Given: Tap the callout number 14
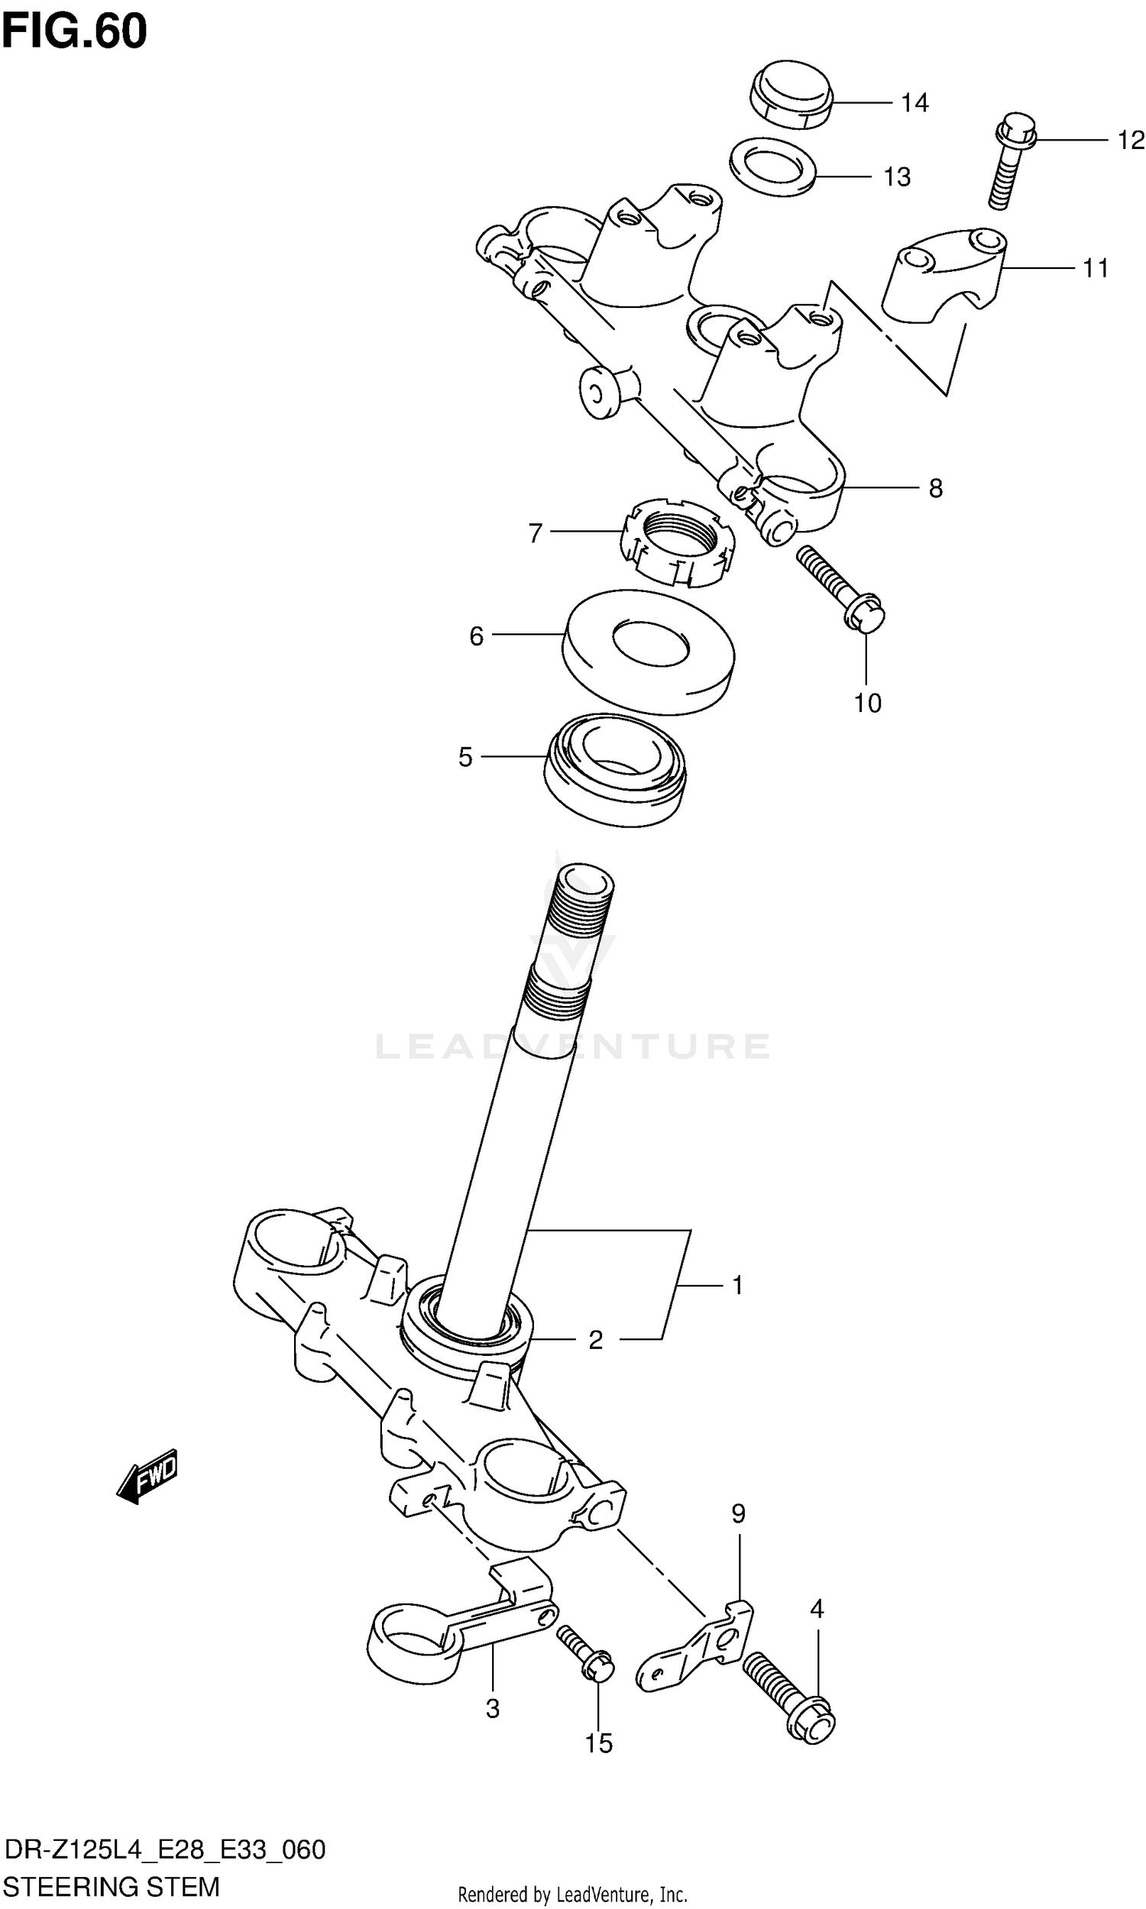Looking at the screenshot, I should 915,102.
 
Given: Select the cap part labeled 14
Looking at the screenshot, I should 792,94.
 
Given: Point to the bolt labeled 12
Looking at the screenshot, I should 1010,162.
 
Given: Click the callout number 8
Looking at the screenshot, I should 935,488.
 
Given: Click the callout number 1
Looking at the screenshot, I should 737,1286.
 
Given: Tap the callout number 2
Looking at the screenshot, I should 595,1340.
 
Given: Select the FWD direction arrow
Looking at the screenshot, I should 148,1477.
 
